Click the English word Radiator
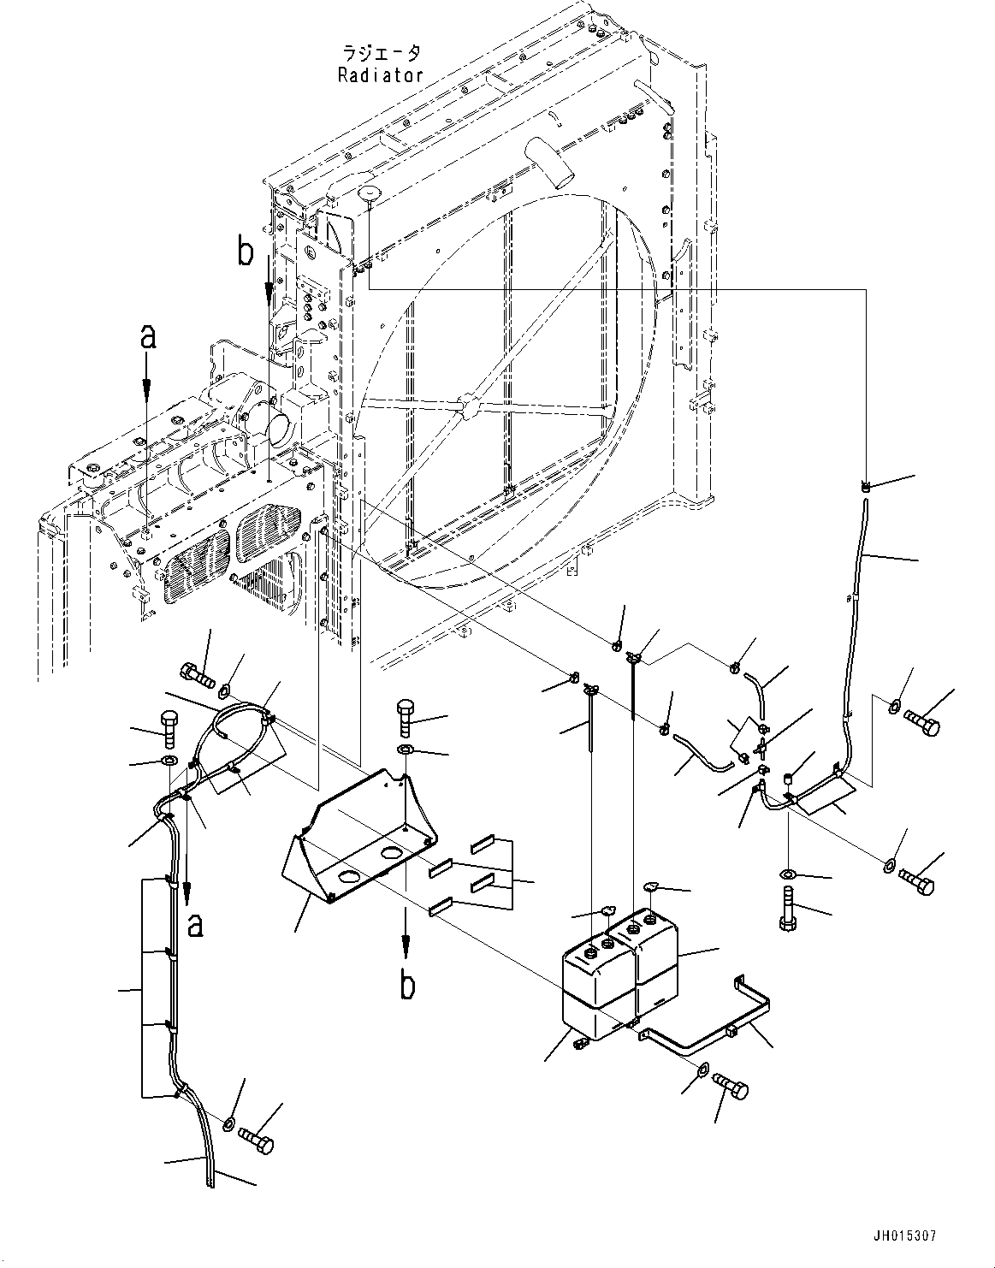(x=381, y=74)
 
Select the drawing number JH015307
(x=905, y=1236)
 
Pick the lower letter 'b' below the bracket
(x=407, y=986)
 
